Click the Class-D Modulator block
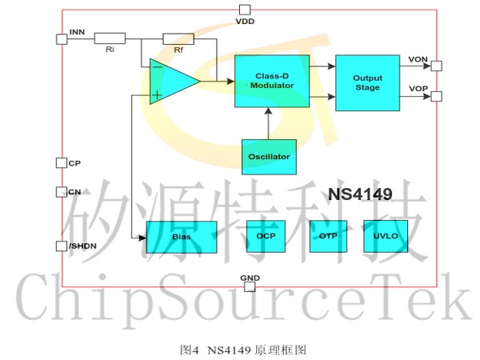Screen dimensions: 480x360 click(272, 81)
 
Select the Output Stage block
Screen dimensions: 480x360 click(367, 82)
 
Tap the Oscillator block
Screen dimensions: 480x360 click(269, 157)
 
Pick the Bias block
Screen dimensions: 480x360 click(182, 237)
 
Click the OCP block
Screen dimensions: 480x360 click(266, 236)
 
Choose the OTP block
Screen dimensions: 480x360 click(328, 236)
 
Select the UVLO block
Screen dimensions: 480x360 click(386, 236)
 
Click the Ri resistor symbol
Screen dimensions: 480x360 click(110, 38)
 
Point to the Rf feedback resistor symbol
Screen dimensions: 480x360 click(178, 39)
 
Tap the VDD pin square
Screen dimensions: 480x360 click(245, 10)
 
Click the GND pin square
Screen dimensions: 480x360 click(250, 287)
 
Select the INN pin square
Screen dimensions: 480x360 click(62, 39)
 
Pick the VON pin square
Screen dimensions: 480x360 click(437, 66)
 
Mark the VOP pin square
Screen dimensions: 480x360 click(437, 97)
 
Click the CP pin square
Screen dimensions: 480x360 click(62, 163)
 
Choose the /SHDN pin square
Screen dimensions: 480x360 click(62, 246)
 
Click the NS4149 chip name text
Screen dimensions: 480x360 click(360, 194)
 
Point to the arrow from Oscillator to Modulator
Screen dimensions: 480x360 click(269, 123)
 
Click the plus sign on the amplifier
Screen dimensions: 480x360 click(157, 95)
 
